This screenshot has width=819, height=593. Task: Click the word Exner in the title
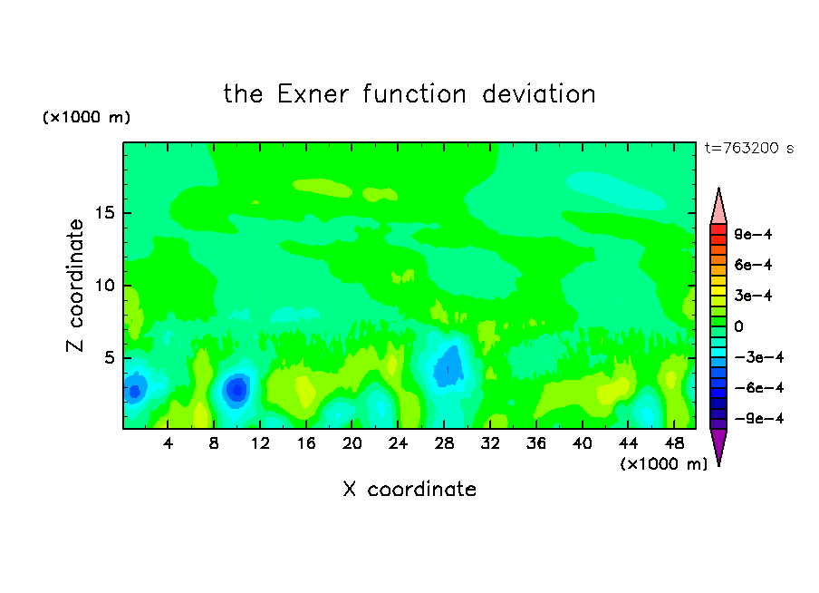(313, 94)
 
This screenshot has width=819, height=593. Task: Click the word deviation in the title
(538, 94)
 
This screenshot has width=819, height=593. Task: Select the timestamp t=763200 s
(749, 148)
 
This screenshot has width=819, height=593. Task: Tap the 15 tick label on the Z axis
(104, 213)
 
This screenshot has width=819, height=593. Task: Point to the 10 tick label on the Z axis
(104, 286)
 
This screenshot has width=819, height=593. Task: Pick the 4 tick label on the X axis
(168, 443)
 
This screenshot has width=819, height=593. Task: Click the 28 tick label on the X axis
(444, 443)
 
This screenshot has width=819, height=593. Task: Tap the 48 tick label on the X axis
(674, 443)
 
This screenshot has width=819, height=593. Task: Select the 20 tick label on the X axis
(352, 443)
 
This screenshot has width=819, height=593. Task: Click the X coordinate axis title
(409, 489)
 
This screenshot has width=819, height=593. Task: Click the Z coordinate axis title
(75, 286)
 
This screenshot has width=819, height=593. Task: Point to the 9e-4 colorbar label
(753, 234)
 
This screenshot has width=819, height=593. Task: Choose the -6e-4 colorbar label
(759, 388)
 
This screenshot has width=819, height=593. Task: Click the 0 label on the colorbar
(738, 326)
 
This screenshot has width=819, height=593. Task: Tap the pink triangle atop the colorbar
(718, 208)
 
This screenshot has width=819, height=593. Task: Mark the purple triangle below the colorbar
(718, 445)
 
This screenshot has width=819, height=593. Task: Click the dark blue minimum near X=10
(237, 390)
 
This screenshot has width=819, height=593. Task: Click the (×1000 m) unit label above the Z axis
(86, 117)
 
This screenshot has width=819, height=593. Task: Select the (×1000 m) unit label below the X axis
(663, 464)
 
